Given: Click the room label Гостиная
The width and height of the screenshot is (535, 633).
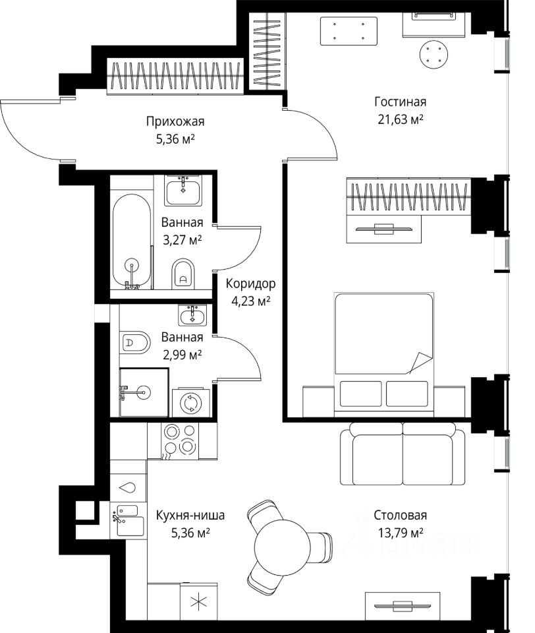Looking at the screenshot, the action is (x=400, y=102).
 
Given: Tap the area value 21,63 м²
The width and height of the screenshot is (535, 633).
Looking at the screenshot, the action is (x=400, y=119).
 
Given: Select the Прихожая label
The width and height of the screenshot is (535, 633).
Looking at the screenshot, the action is (x=175, y=121).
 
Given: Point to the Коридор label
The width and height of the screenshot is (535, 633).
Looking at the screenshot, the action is (x=250, y=284).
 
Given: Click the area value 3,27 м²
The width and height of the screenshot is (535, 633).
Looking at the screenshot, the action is (x=182, y=240).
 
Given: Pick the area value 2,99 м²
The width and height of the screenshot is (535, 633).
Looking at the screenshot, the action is (x=182, y=355).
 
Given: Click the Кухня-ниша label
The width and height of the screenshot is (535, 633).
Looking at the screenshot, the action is (x=190, y=515).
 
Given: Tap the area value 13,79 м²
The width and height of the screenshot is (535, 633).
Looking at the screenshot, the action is (x=400, y=533).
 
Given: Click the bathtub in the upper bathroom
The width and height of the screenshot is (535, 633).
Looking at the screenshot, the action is (x=132, y=241).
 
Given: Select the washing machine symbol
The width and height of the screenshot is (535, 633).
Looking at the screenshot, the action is (x=191, y=402).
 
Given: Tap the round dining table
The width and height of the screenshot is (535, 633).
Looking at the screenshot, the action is (x=283, y=546).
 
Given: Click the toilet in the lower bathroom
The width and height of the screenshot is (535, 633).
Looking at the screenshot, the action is (x=135, y=343).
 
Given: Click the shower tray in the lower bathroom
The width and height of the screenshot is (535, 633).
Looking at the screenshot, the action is (x=144, y=392).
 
